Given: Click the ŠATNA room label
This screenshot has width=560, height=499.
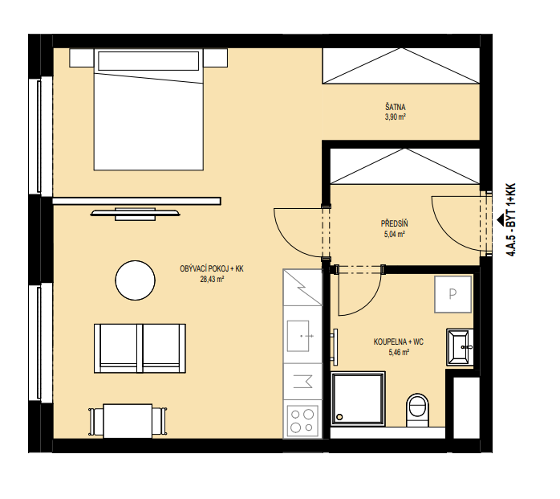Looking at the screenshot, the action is pos(395,107).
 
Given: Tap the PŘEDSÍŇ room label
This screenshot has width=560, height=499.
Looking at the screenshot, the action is pos(394,224).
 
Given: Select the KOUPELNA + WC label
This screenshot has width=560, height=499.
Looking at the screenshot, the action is pos(399,342).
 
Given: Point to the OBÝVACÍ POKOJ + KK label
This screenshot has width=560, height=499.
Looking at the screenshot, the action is pos(212,268).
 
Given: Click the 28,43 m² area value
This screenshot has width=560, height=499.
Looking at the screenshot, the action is pos(212,279).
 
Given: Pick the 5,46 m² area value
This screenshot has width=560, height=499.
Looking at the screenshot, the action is pos(399,352).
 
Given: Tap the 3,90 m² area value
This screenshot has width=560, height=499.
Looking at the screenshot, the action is pos(395,117).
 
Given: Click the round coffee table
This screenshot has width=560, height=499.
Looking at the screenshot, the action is pos(136,280).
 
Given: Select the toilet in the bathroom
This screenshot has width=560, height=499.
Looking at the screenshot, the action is pos(417,411).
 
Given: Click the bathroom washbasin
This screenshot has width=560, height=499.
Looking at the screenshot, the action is pos(460,347).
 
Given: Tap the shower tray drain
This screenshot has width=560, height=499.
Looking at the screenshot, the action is pos(339,417).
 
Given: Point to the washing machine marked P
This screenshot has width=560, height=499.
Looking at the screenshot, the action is pos(452,294).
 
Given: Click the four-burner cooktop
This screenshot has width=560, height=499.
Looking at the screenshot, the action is pos(302,420).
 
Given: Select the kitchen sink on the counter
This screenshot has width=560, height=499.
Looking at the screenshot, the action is pos(298,336).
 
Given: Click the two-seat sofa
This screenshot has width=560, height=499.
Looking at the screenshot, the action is pos(140,349).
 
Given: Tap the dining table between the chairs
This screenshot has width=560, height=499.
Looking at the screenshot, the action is pos(128,421).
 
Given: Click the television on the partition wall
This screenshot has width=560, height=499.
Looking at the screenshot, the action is pos(135,214).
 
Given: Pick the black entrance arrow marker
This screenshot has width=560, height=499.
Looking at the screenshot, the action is pos(501,219).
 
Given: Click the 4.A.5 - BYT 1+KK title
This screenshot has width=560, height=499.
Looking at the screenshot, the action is pos(511,220).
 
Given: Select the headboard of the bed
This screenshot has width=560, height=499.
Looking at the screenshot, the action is pos(148,61).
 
